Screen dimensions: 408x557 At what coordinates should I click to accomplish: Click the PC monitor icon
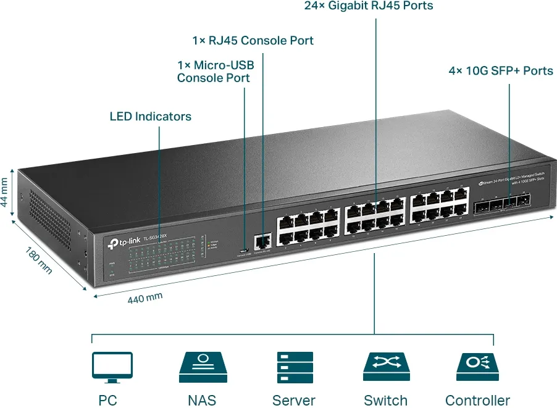pyautogui.click(x=112, y=367)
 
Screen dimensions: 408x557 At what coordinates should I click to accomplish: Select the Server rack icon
pyautogui.click(x=295, y=367)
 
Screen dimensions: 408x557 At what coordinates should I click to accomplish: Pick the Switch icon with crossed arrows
pyautogui.click(x=386, y=367)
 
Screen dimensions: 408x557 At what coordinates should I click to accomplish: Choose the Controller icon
pyautogui.click(x=477, y=367)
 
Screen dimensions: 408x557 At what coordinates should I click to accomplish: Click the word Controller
pyautogui.click(x=477, y=400)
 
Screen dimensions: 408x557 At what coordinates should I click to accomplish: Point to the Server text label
pyautogui.click(x=294, y=400)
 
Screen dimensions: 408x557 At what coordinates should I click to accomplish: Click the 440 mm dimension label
pyautogui.click(x=145, y=298)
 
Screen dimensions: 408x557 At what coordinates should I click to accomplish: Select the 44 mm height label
pyautogui.click(x=6, y=192)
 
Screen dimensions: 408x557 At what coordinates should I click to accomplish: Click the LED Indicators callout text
pyautogui.click(x=150, y=116)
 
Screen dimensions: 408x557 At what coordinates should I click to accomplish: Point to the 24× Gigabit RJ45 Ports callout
pyautogui.click(x=369, y=6)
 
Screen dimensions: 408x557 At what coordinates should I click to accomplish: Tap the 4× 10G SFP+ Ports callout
pyautogui.click(x=501, y=71)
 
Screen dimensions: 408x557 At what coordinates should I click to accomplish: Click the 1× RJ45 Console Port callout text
pyautogui.click(x=253, y=41)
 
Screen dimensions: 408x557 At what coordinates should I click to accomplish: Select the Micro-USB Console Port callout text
pyautogui.click(x=215, y=72)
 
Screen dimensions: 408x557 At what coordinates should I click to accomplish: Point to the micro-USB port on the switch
pyautogui.click(x=245, y=250)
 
